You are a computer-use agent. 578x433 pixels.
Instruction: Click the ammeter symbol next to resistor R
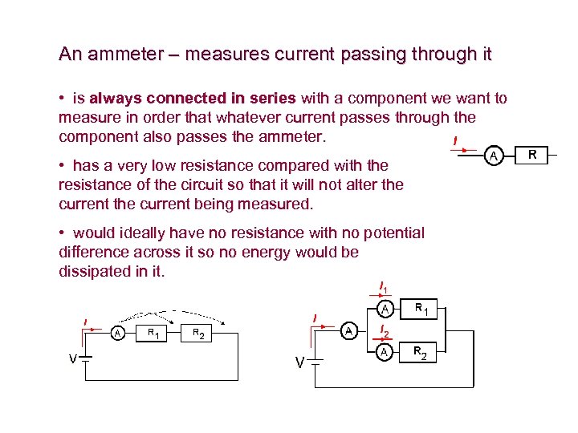point(495,153)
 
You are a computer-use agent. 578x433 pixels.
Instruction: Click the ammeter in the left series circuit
point(118,333)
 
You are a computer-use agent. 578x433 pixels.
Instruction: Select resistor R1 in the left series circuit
point(151,333)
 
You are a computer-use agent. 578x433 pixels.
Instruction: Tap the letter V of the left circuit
point(72,358)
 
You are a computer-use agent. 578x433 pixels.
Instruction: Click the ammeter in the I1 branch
point(385,308)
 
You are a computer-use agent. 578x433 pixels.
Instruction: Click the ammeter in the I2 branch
point(385,351)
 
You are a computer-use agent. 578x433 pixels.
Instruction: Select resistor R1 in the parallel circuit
point(422,308)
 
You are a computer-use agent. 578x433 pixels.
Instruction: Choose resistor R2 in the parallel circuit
point(421,351)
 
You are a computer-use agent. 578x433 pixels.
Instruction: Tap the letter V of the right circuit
point(299,363)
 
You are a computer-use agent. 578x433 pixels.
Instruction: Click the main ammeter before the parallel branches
point(348,330)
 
